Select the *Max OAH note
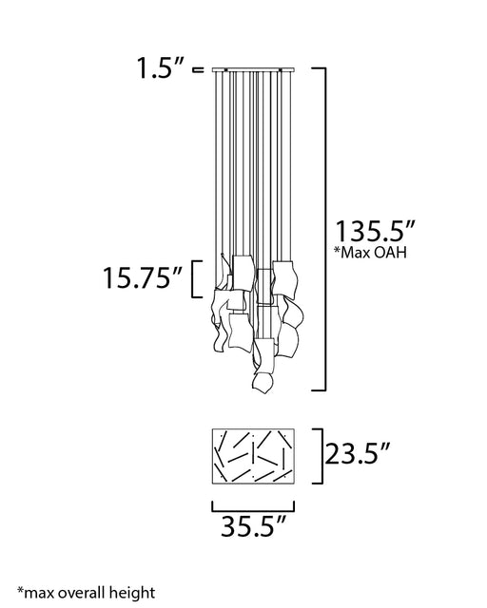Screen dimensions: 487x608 click(371, 253)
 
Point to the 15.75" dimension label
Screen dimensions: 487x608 click(143, 277)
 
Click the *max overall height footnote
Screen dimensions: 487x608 click(87, 593)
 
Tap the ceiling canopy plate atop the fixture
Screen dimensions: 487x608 click(253, 69)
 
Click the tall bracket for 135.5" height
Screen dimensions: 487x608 click(324, 229)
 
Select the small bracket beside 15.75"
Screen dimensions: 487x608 click(193, 279)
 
